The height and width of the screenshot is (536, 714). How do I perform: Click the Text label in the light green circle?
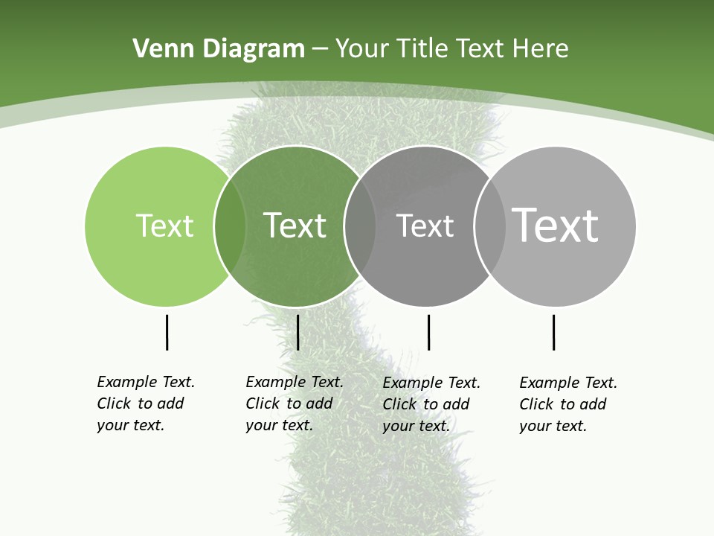[x=164, y=226]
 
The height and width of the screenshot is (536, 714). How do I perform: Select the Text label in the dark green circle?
[x=295, y=226]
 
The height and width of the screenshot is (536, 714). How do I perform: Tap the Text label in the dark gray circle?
[x=425, y=226]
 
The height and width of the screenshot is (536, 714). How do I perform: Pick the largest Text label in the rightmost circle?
[x=555, y=225]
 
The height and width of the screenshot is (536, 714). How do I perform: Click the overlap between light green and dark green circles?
[x=230, y=226]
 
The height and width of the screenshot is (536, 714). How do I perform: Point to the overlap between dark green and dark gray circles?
[x=360, y=226]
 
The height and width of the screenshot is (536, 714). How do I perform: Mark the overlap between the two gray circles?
[x=489, y=226]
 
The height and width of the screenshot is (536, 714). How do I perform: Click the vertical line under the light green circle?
[x=167, y=332]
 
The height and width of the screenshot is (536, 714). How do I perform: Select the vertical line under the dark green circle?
[x=297, y=332]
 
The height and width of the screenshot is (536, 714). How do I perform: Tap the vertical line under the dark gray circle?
[x=428, y=332]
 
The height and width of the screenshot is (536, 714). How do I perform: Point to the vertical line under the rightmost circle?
[x=553, y=332]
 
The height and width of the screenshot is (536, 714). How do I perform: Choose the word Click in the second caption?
[x=263, y=403]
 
